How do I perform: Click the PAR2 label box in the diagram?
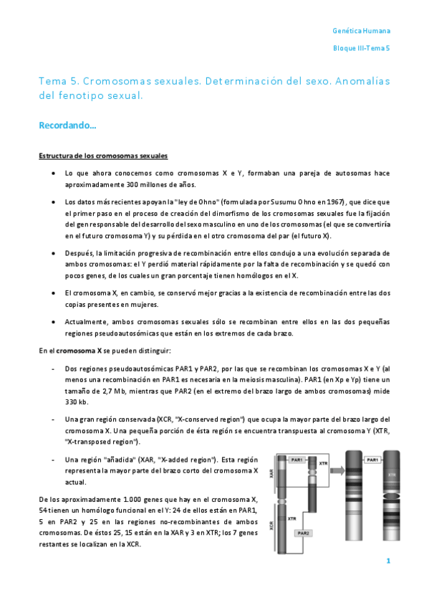[x=302, y=533]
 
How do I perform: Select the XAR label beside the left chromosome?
[x=274, y=474]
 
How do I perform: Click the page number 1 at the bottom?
[x=387, y=561]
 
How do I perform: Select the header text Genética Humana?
[x=362, y=32]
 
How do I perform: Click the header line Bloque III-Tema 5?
[x=362, y=48]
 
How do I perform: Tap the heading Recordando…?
[x=67, y=125]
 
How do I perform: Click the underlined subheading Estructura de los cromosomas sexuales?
[x=103, y=156]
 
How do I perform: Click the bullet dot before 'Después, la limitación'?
[x=54, y=254]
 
